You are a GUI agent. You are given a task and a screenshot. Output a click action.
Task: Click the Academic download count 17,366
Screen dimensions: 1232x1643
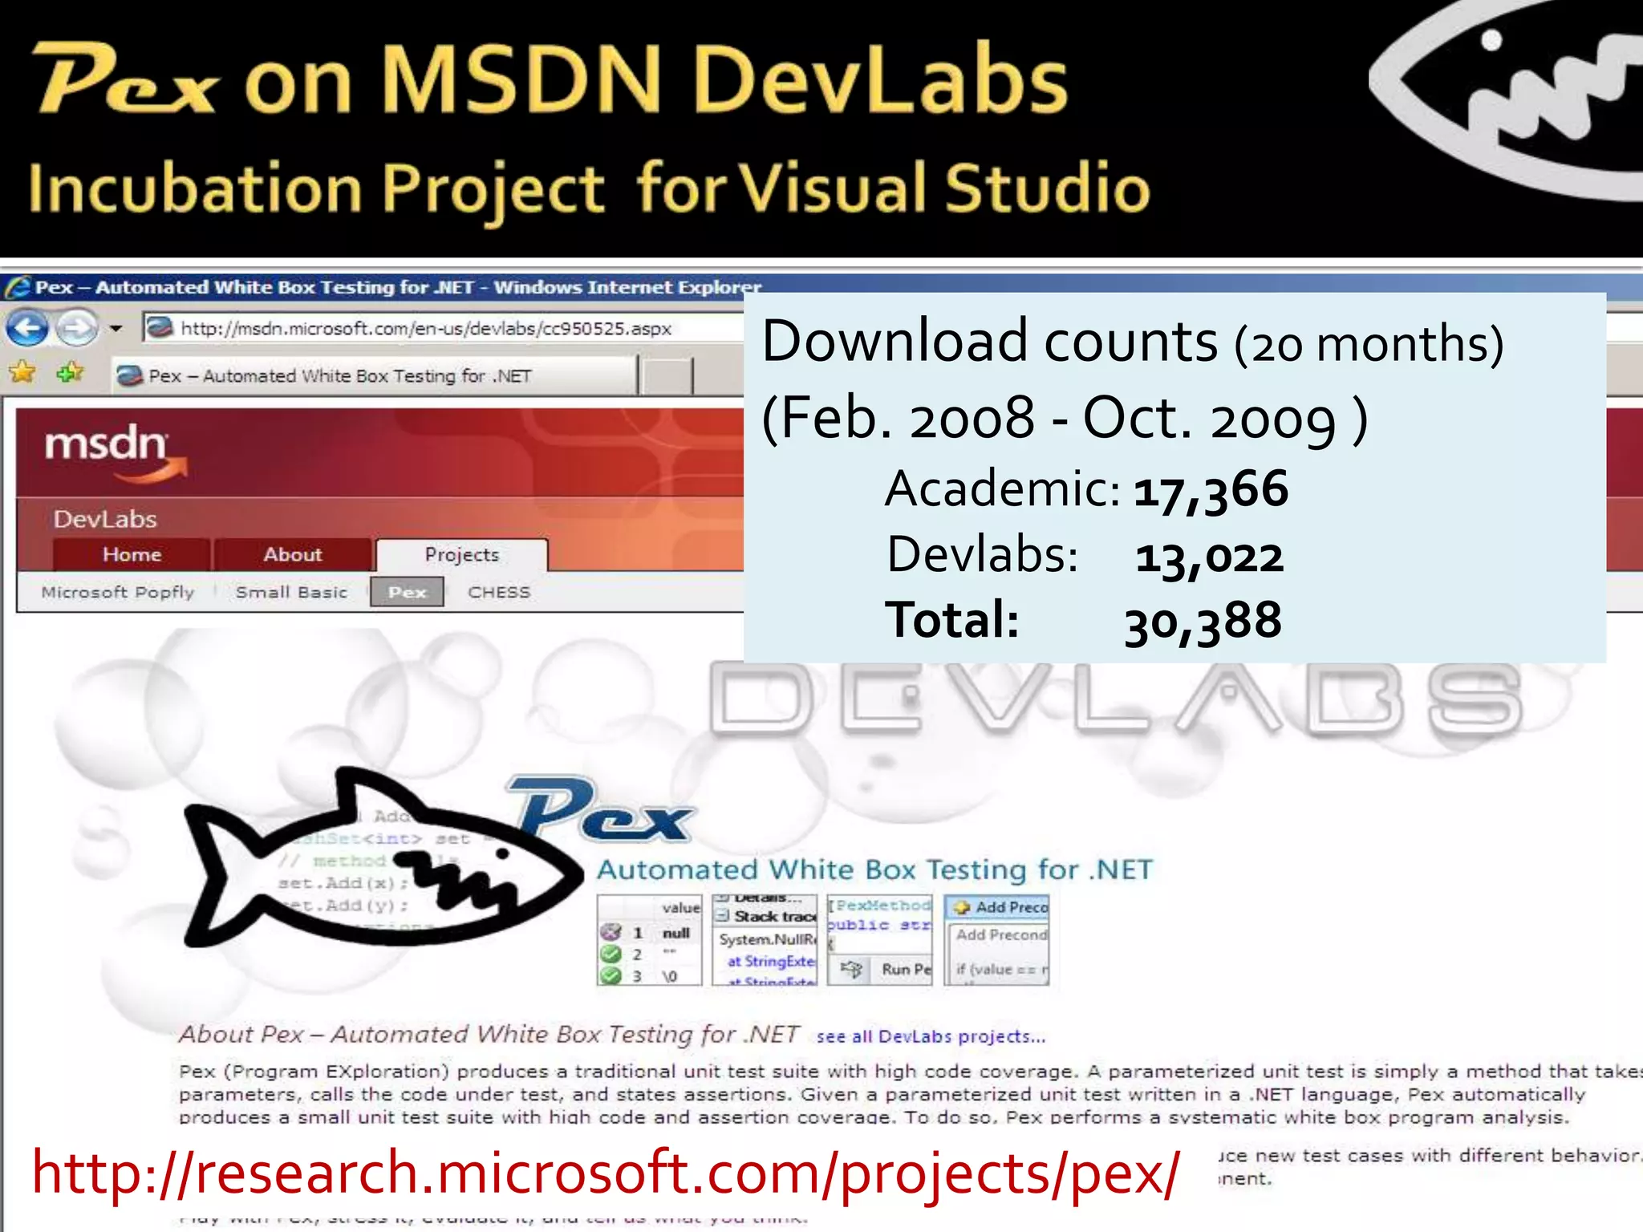click(x=1210, y=489)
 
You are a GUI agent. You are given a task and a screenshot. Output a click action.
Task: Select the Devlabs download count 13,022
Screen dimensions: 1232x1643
click(x=1208, y=556)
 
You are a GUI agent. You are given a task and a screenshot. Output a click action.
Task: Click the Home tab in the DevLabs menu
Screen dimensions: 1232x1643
click(x=132, y=554)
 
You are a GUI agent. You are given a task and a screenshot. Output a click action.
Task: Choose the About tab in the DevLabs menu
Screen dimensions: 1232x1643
click(x=292, y=554)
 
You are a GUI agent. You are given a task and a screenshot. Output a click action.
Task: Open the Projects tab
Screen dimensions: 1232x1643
click(x=461, y=554)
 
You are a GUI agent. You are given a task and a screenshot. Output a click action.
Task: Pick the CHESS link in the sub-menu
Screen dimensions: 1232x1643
click(x=499, y=592)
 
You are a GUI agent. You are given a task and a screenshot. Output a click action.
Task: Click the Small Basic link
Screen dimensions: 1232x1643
click(x=291, y=592)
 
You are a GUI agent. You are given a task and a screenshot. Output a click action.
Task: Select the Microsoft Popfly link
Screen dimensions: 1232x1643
click(x=118, y=592)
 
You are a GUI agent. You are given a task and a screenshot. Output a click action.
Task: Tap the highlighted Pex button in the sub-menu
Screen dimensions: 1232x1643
click(x=407, y=592)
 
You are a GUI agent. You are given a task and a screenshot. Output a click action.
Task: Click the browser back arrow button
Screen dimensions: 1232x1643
click(x=27, y=328)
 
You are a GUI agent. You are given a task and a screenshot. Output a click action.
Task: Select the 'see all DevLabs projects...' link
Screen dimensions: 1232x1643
click(x=931, y=1036)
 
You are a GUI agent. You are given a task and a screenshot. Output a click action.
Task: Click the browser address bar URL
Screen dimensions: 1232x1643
click(x=425, y=328)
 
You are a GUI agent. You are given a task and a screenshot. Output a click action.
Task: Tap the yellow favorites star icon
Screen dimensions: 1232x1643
click(x=22, y=372)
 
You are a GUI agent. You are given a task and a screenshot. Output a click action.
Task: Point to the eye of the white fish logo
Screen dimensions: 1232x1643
click(x=1491, y=40)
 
